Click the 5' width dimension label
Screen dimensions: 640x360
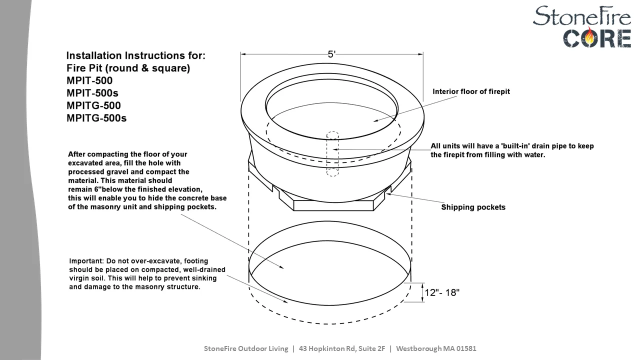(331, 54)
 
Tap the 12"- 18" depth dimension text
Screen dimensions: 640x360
(442, 292)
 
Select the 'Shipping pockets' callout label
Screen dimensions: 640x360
(473, 207)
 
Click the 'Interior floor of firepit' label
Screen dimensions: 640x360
(471, 91)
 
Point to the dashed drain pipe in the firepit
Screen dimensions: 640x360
(332, 153)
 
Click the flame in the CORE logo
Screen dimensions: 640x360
(589, 37)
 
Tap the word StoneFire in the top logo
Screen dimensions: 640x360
(581, 16)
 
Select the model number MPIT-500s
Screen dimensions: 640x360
(92, 93)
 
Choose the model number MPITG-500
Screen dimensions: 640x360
(93, 105)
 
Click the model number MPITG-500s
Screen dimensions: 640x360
(96, 118)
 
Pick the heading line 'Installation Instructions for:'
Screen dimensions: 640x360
(136, 55)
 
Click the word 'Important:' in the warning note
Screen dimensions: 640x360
(86, 261)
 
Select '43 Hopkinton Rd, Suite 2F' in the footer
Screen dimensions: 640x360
(342, 348)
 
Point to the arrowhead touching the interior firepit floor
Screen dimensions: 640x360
(376, 120)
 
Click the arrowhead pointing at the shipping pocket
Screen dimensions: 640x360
(388, 194)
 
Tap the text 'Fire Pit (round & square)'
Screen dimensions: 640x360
(128, 68)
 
